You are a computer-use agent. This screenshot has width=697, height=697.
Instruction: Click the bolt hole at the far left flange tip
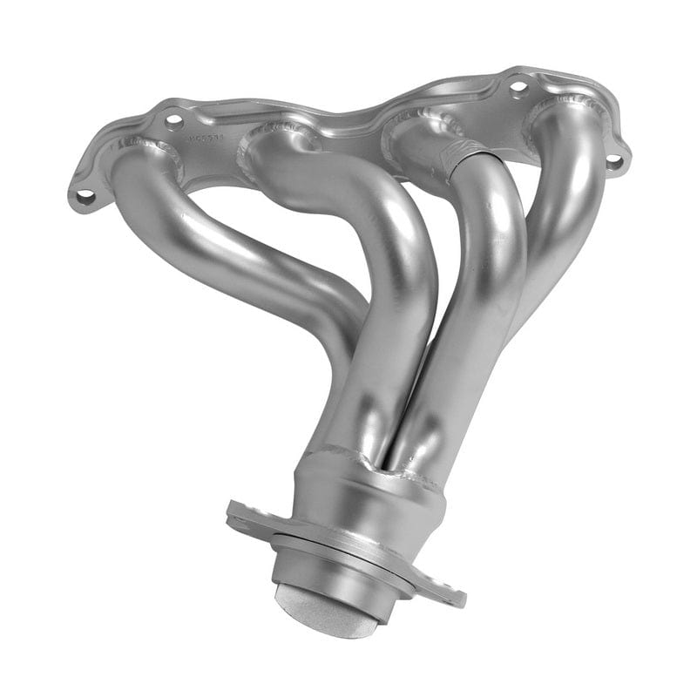click(85, 197)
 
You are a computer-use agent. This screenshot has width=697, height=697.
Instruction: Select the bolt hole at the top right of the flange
click(518, 87)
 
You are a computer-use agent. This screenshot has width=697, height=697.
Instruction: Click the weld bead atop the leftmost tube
click(144, 148)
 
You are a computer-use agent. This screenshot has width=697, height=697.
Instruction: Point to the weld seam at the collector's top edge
click(366, 462)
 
